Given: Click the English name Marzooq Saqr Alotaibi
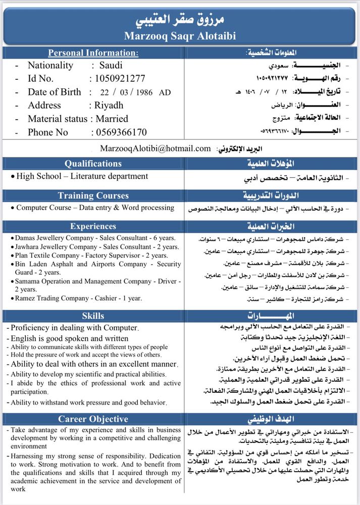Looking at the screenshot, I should coord(180,36).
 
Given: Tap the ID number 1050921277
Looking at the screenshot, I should coord(117,79).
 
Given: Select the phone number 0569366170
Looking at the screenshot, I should coord(119,132).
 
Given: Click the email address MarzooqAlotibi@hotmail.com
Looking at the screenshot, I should coord(156,148).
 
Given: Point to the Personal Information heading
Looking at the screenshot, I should coord(93,53).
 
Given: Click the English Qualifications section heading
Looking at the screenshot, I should coord(93,164).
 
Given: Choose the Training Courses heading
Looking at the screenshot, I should coord(93,195).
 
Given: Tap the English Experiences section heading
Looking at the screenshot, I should coord(93,226).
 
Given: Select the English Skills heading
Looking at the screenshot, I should coord(93,316).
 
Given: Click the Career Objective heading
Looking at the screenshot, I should coord(93,419).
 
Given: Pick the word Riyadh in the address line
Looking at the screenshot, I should coord(109,106).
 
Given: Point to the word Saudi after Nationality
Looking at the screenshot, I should coord(111,65).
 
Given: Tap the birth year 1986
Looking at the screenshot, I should coord(143,92).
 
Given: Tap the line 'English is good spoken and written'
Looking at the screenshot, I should coord(69,338).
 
